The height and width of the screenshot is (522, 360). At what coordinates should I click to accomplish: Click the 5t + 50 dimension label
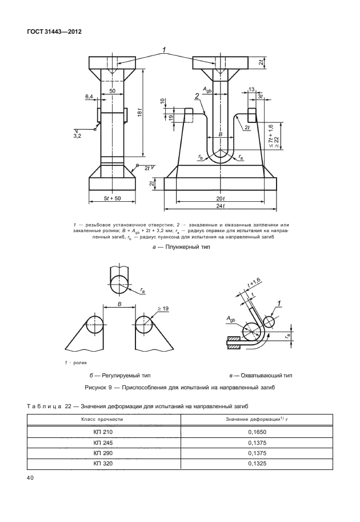coord(112,198)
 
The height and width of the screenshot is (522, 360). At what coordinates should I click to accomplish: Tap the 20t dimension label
coord(220,198)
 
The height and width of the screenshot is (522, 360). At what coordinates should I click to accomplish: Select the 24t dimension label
coord(220,206)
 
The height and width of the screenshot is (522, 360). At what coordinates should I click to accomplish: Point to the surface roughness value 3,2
coord(77,136)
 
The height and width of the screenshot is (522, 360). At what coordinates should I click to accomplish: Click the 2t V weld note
coord(150,168)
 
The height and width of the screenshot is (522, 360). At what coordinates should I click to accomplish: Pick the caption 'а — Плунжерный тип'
coord(179,247)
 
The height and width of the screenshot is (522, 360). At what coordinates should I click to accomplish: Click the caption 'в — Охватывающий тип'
coord(260,376)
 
